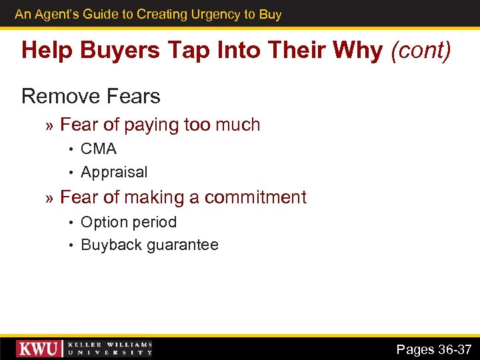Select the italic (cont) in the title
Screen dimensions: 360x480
click(420, 50)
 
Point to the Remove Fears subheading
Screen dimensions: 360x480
click(91, 97)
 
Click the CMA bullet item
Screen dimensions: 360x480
click(99, 149)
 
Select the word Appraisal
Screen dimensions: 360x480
click(114, 172)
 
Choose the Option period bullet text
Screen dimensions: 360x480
click(129, 222)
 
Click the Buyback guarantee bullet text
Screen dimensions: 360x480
click(149, 245)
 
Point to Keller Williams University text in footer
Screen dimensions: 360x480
click(109, 349)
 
